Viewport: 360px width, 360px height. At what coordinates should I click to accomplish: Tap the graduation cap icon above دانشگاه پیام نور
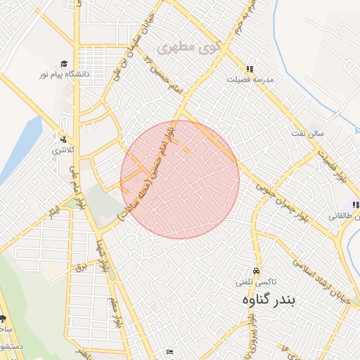[x=64, y=63]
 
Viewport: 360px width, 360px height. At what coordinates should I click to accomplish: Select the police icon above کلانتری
[x=63, y=139]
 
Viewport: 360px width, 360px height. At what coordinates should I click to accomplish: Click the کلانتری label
[x=63, y=150]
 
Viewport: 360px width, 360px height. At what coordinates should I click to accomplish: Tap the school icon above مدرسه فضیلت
[x=249, y=69]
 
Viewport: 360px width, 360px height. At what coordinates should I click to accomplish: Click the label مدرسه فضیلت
[x=249, y=79]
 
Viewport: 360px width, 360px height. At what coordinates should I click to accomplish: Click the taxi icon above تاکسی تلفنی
[x=255, y=271]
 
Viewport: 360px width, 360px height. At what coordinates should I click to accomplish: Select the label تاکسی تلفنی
[x=255, y=281]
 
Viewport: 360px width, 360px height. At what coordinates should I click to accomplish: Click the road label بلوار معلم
[x=114, y=316]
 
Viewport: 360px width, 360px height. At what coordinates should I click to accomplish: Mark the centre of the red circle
[x=180, y=180]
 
